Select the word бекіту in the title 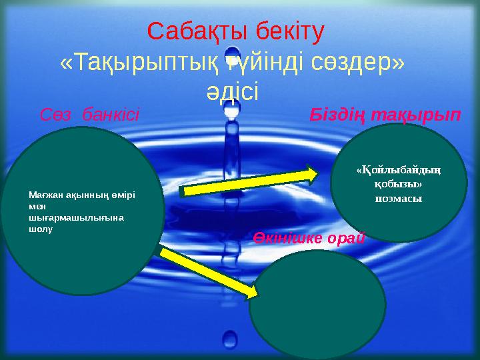[289, 31]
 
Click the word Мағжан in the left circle [43, 195]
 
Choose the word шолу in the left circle [39, 228]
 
